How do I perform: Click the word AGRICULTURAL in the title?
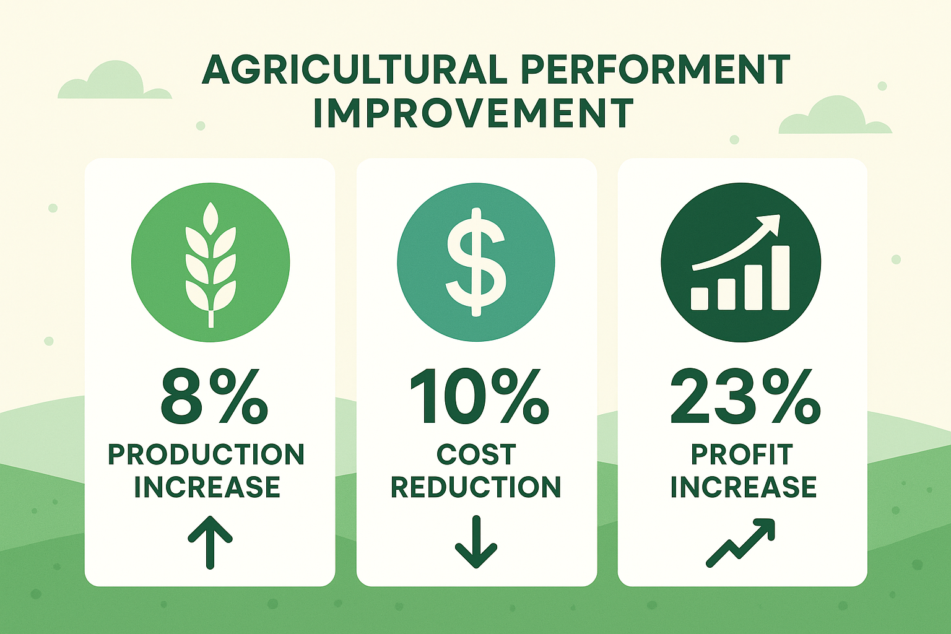[x=355, y=69]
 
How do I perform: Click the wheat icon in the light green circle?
[x=211, y=264]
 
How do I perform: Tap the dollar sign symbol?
[x=476, y=262]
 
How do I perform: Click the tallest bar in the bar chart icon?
[x=780, y=278]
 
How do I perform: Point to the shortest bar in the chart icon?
[x=699, y=298]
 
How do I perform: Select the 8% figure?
[x=214, y=397]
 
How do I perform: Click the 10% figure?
[x=479, y=397]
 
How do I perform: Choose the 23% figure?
[x=745, y=397]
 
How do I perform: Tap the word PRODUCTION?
[x=206, y=454]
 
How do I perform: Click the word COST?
[x=476, y=454]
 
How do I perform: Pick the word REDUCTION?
[x=476, y=487]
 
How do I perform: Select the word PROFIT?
[x=742, y=454]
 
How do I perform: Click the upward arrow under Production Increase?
[x=210, y=542]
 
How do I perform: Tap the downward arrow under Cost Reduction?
[x=476, y=542]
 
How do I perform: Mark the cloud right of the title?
[x=835, y=116]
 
